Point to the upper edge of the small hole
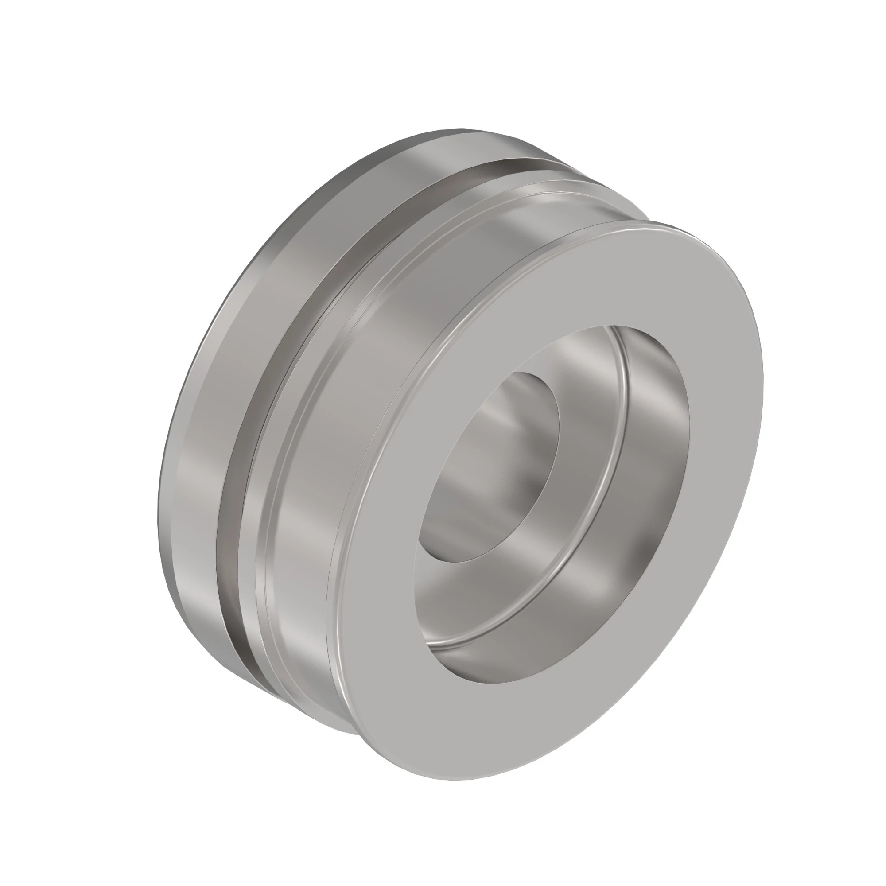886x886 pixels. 527,374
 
